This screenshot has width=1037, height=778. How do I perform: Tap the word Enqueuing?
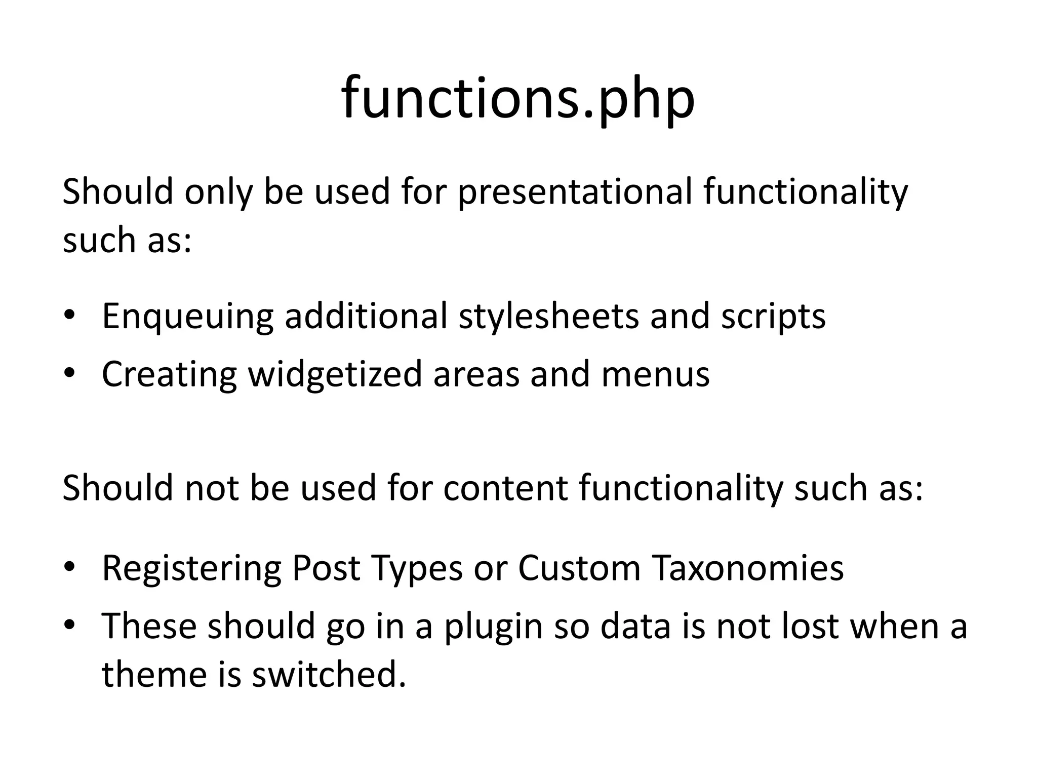187,317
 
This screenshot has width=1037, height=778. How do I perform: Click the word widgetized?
335,375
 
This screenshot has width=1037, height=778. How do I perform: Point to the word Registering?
191,568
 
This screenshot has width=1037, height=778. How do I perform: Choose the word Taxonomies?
748,568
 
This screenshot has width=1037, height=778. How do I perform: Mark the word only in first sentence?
218,192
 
